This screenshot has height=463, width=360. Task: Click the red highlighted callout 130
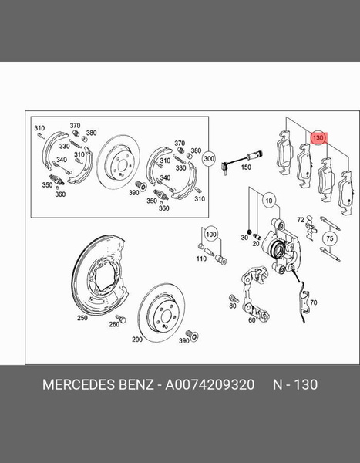click(318, 137)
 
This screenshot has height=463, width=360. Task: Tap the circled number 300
click(209, 158)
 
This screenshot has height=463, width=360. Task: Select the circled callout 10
click(269, 201)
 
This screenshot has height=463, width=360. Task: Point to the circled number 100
click(211, 235)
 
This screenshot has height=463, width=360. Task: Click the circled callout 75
click(330, 238)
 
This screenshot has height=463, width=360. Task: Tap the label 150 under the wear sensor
click(246, 167)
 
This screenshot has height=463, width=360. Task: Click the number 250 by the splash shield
click(82, 318)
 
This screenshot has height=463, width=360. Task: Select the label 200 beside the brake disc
click(137, 340)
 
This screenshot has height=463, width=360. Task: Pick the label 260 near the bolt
click(114, 324)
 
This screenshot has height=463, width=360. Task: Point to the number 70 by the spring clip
click(314, 302)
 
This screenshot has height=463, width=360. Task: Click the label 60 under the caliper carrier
click(252, 319)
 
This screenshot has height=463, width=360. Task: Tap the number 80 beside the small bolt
click(233, 306)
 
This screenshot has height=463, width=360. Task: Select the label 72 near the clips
click(301, 220)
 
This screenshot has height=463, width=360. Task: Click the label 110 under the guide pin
click(201, 259)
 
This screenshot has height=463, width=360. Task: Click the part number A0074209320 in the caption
click(210, 384)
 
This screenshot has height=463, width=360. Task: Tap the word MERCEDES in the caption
click(79, 384)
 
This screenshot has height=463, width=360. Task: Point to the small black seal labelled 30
click(249, 231)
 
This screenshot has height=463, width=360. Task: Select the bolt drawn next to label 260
click(121, 319)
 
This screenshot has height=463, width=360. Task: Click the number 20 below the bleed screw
click(255, 244)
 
